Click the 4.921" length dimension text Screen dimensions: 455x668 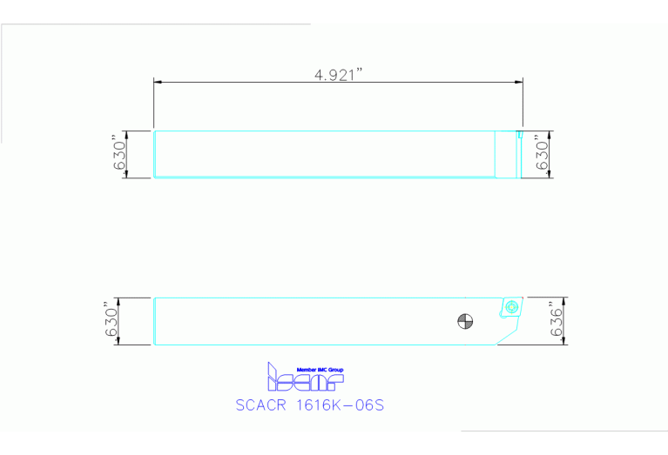[338, 75]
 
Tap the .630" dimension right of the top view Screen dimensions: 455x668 [542, 154]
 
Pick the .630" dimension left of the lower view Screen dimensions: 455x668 [111, 321]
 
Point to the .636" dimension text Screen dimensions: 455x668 [557, 321]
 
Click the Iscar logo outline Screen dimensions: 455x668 [305, 379]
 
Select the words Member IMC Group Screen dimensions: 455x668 [320, 370]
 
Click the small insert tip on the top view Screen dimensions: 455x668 [519, 134]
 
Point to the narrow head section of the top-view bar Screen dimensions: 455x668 [506, 154]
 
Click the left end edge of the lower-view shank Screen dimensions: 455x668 [154, 321]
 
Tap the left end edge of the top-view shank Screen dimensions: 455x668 [154, 154]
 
